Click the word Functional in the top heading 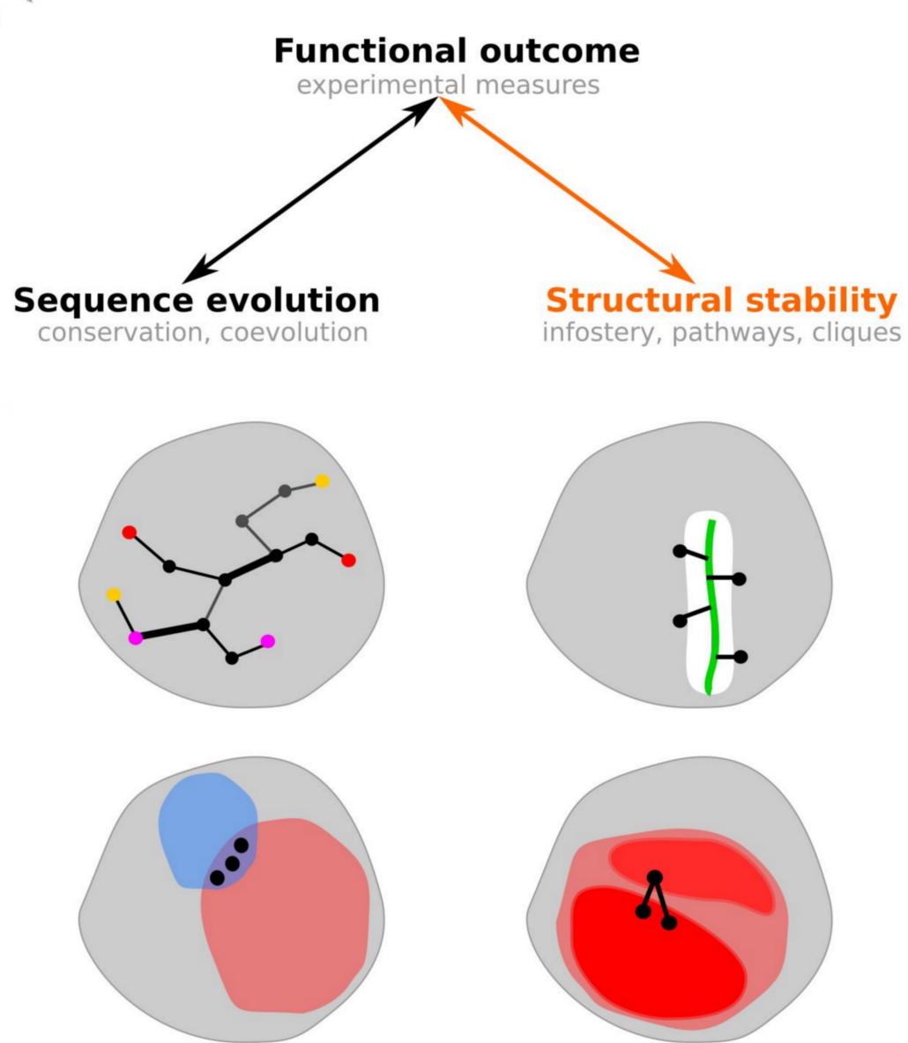pos(370,51)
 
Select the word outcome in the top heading pos(560,51)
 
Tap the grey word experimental pos(381,86)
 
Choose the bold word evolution pos(294,300)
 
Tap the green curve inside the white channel pos(711,607)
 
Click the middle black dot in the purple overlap pos(232,863)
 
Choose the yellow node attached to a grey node pos(322,481)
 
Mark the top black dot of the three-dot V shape pos(655,878)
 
